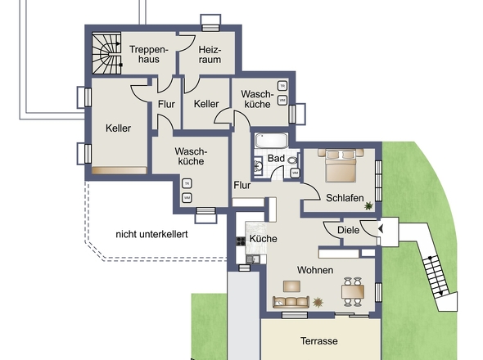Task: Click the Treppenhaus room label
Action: point(149,54)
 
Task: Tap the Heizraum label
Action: point(210,55)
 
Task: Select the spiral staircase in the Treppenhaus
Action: point(106,53)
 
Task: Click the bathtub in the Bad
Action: point(271,141)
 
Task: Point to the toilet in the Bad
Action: point(292,160)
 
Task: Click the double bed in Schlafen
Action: point(341,165)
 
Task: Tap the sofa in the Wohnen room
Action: point(291,302)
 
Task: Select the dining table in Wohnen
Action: point(353,291)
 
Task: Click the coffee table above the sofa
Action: point(291,286)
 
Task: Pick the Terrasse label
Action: point(318,341)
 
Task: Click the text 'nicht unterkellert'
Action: point(151,234)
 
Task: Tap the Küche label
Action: point(263,239)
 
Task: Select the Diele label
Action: point(349,230)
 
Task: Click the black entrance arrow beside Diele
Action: point(381,229)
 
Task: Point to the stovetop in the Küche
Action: point(241,241)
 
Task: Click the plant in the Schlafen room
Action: point(368,205)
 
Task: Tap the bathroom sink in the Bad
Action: point(258,167)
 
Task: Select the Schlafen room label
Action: point(345,198)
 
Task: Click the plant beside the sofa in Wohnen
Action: point(318,303)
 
